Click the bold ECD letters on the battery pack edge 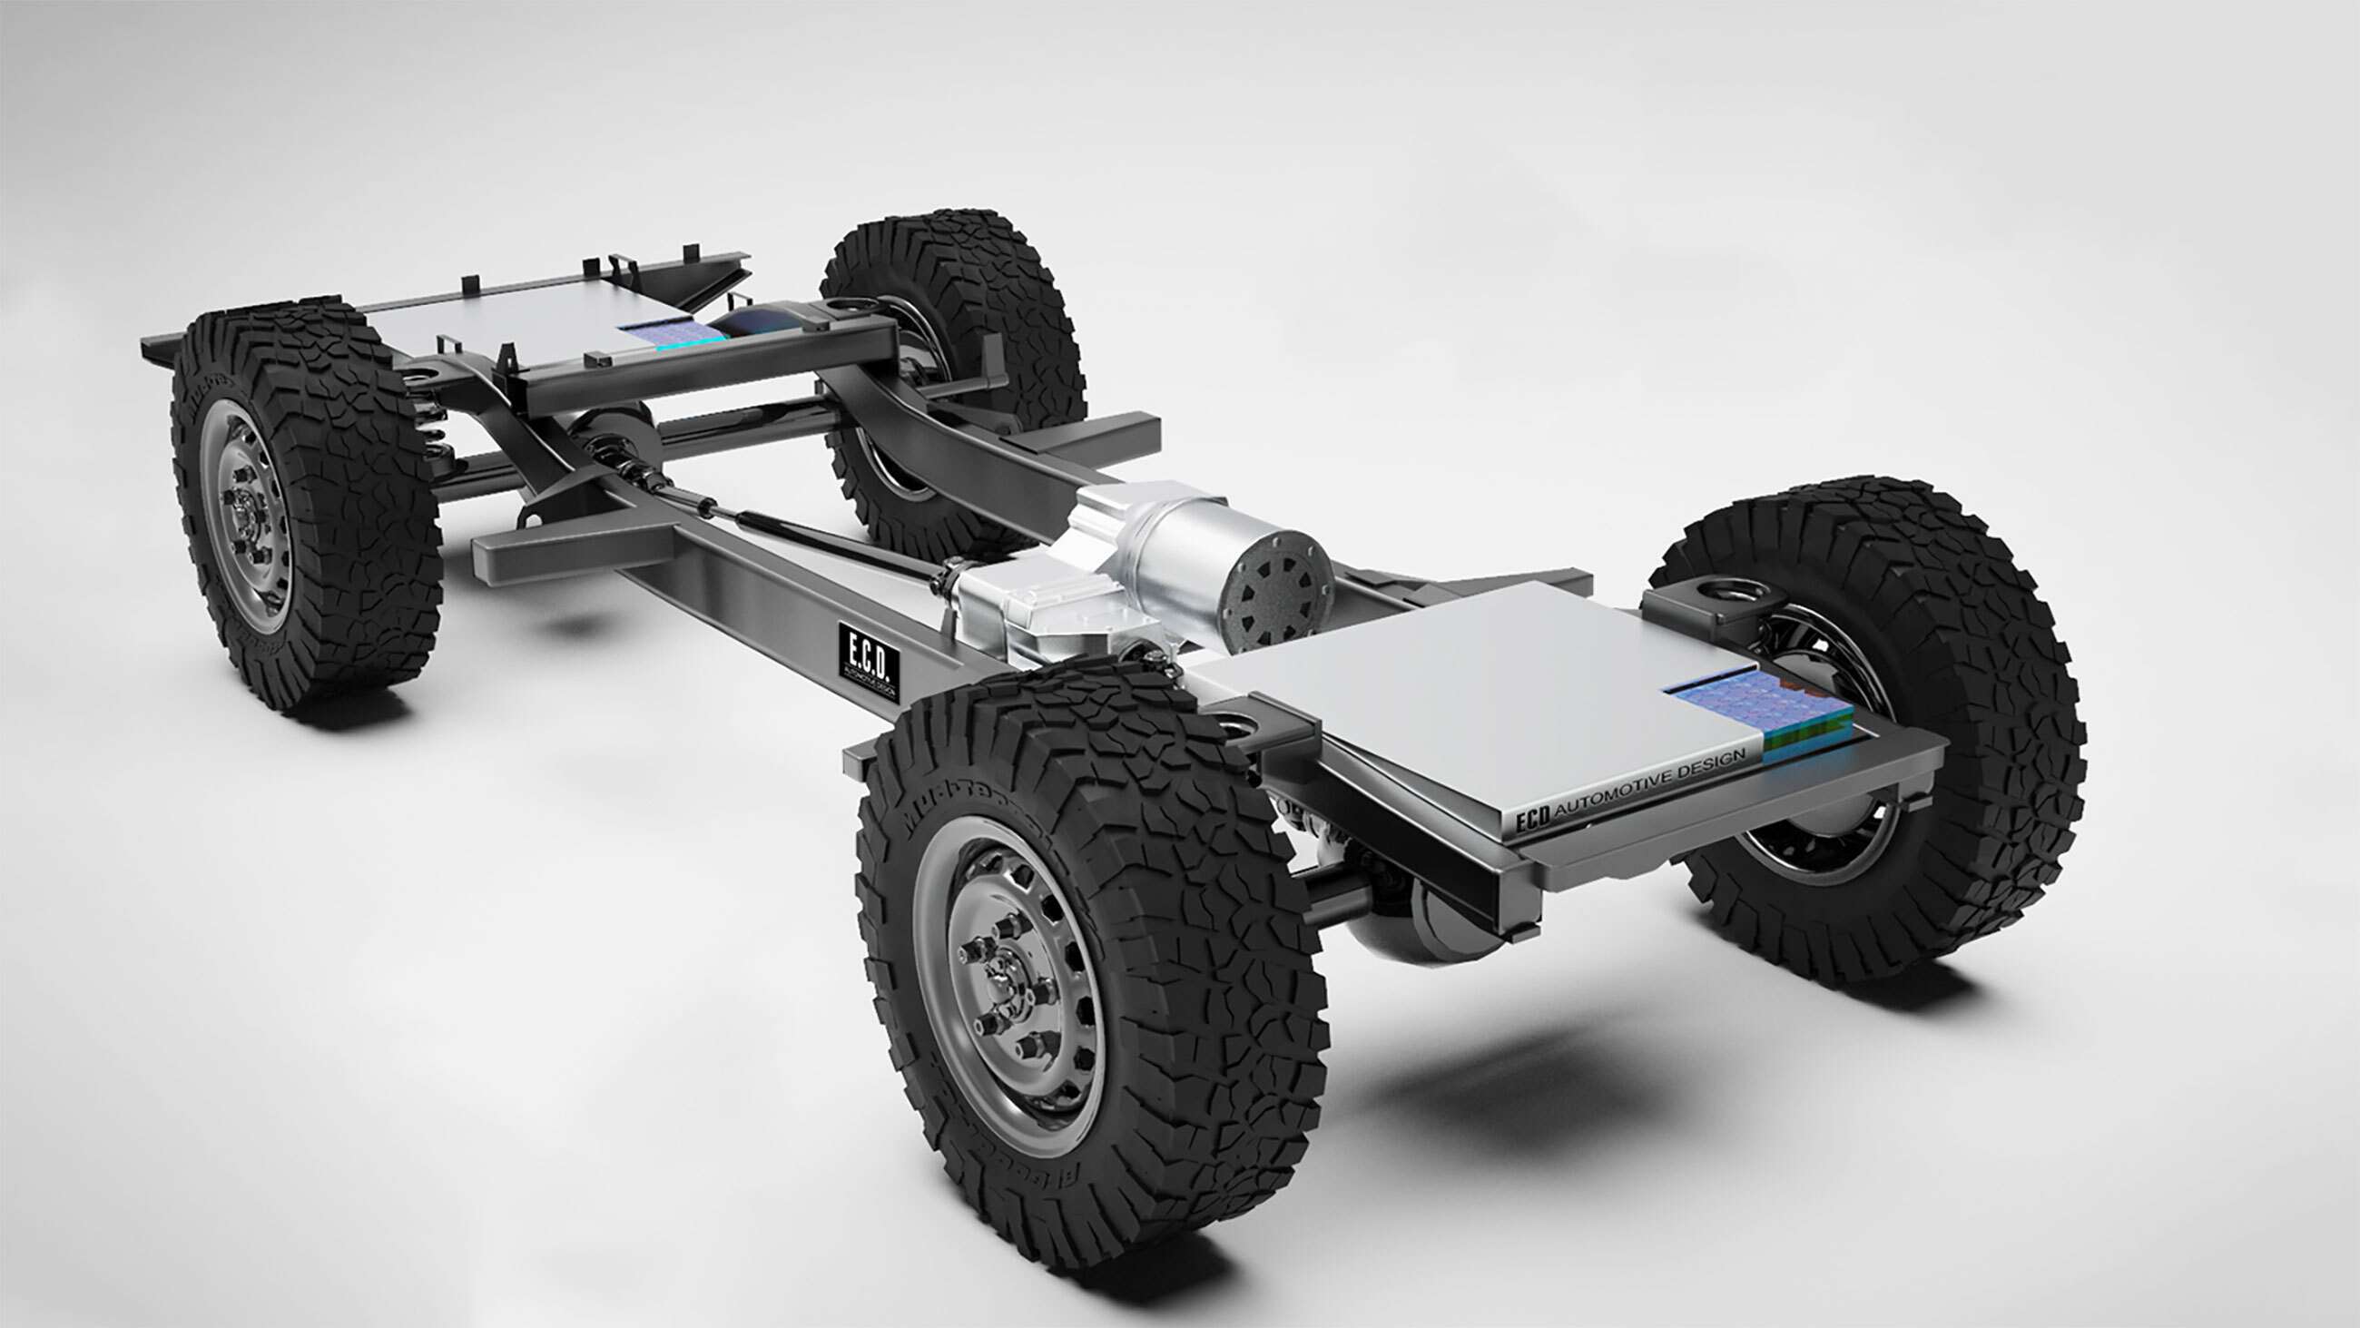1533,821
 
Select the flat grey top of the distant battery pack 513,320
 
